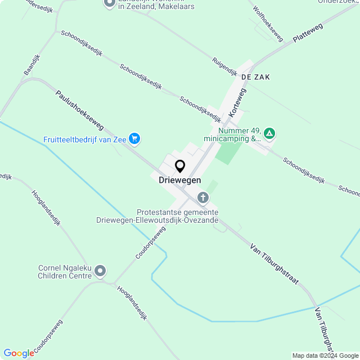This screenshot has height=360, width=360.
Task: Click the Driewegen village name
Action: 180,179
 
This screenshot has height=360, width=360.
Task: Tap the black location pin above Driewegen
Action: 180,166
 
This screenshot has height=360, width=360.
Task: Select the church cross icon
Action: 202,197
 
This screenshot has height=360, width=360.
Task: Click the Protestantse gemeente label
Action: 177,215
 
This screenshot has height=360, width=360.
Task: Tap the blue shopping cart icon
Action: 134,138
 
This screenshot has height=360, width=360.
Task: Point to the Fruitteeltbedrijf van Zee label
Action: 84,139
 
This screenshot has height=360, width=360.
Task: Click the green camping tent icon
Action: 270,133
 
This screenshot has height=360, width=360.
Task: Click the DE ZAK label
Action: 255,76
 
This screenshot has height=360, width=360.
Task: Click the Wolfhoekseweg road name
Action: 268,22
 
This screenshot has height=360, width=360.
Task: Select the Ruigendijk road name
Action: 225,67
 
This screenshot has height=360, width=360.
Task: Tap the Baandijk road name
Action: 32,65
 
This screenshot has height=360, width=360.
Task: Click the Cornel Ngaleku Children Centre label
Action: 65,272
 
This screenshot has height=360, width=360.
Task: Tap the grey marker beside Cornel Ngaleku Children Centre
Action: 101,272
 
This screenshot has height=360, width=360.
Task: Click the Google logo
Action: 19,353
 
